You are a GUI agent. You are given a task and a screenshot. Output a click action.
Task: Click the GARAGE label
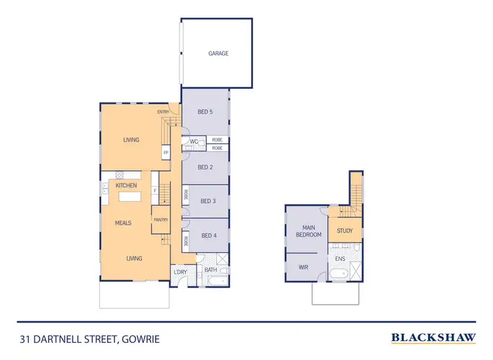coord(218,53)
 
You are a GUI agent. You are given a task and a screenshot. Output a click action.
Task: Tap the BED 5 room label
coord(205,112)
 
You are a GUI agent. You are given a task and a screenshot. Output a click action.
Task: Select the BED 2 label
coord(205,168)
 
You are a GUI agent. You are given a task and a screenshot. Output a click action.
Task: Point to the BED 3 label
coord(208,201)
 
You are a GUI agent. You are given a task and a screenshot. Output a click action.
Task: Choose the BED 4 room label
coord(208,235)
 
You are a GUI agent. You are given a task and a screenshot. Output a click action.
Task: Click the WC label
coord(194,141)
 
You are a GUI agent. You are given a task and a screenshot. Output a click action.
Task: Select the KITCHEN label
coord(126,186)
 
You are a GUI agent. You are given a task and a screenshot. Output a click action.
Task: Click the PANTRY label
coord(160,219)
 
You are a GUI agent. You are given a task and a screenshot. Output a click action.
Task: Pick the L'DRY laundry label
coord(179,271)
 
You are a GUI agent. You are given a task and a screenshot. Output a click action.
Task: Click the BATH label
coord(210,270)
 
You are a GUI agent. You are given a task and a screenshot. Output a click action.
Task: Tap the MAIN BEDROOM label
coord(308,231)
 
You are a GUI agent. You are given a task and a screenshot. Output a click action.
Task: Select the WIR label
coord(303,267)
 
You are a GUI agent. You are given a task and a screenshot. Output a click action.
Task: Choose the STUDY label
coord(344,231)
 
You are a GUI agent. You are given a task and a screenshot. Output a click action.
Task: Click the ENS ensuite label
coord(340,259)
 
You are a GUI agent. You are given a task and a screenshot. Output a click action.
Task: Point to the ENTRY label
coord(163,112)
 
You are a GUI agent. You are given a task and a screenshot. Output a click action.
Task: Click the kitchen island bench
coord(130,197)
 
